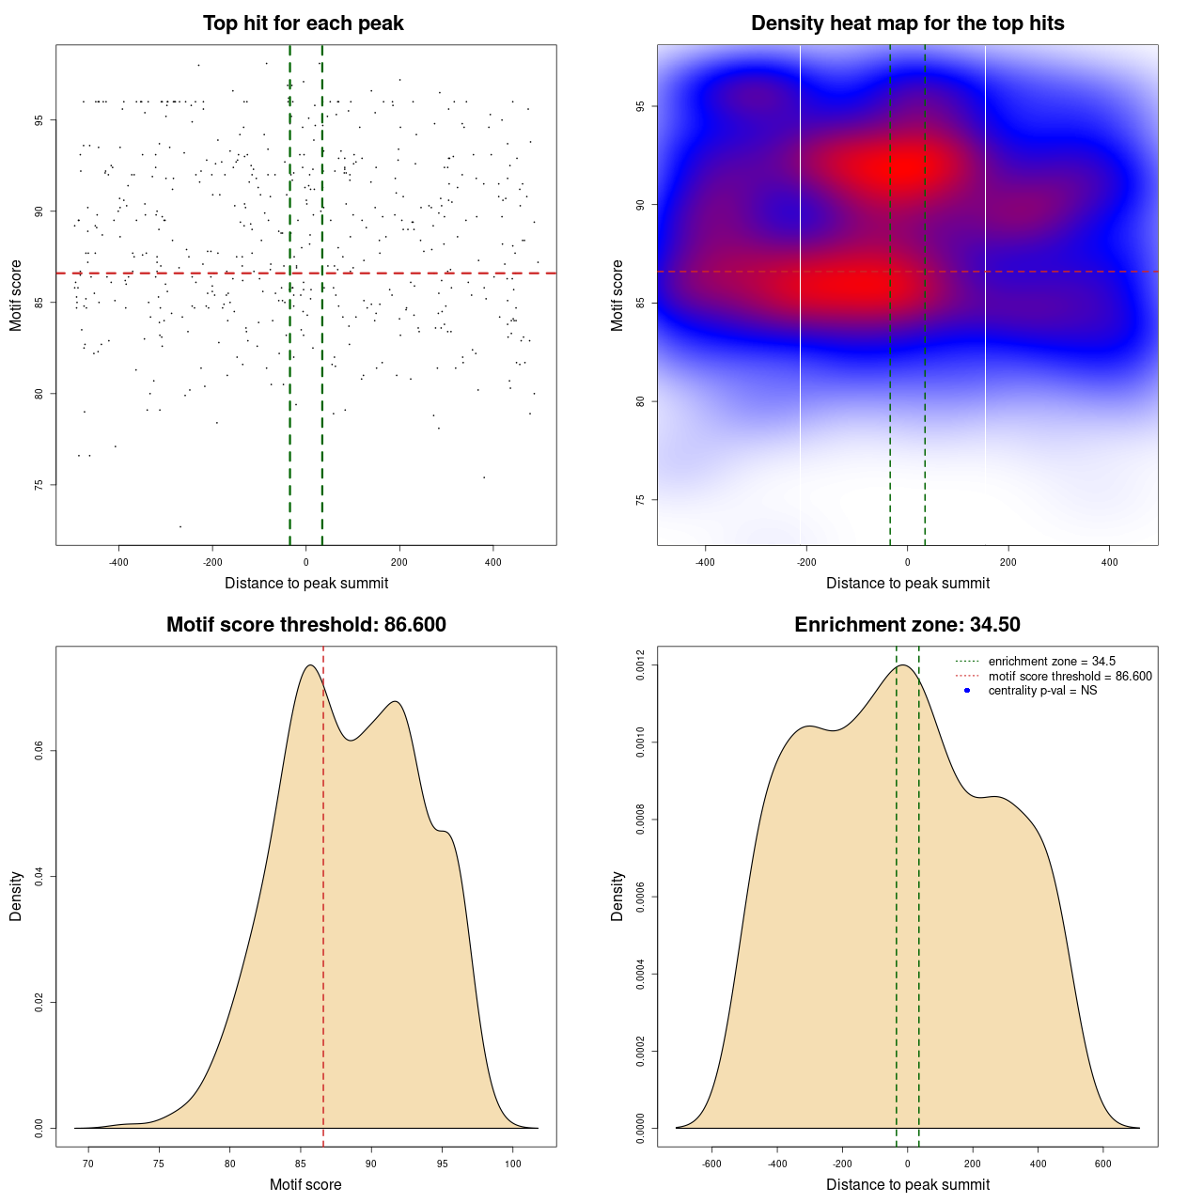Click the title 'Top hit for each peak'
pyautogui.click(x=304, y=23)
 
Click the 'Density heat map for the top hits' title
pyautogui.click(x=907, y=23)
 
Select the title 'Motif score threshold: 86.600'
pyautogui.click(x=305, y=625)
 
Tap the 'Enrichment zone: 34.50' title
pyautogui.click(x=907, y=625)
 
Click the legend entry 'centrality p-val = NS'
pyautogui.click(x=1042, y=691)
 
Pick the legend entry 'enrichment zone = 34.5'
pyautogui.click(x=1052, y=662)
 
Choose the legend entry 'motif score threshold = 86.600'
pyautogui.click(x=1070, y=676)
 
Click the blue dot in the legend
pyautogui.click(x=967, y=691)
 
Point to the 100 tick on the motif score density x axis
pyautogui.click(x=513, y=1164)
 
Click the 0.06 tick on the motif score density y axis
pyautogui.click(x=39, y=751)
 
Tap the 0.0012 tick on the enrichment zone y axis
pyautogui.click(x=640, y=665)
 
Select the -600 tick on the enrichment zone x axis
pyautogui.click(x=711, y=1164)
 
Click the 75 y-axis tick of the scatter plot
pyautogui.click(x=39, y=485)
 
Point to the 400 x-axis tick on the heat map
pyautogui.click(x=1110, y=562)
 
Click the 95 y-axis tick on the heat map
pyautogui.click(x=640, y=106)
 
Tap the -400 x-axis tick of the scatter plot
pyautogui.click(x=118, y=562)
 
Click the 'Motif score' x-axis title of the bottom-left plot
pyautogui.click(x=305, y=1184)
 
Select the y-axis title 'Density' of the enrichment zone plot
pyautogui.click(x=617, y=896)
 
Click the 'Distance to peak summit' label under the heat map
pyautogui.click(x=907, y=583)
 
